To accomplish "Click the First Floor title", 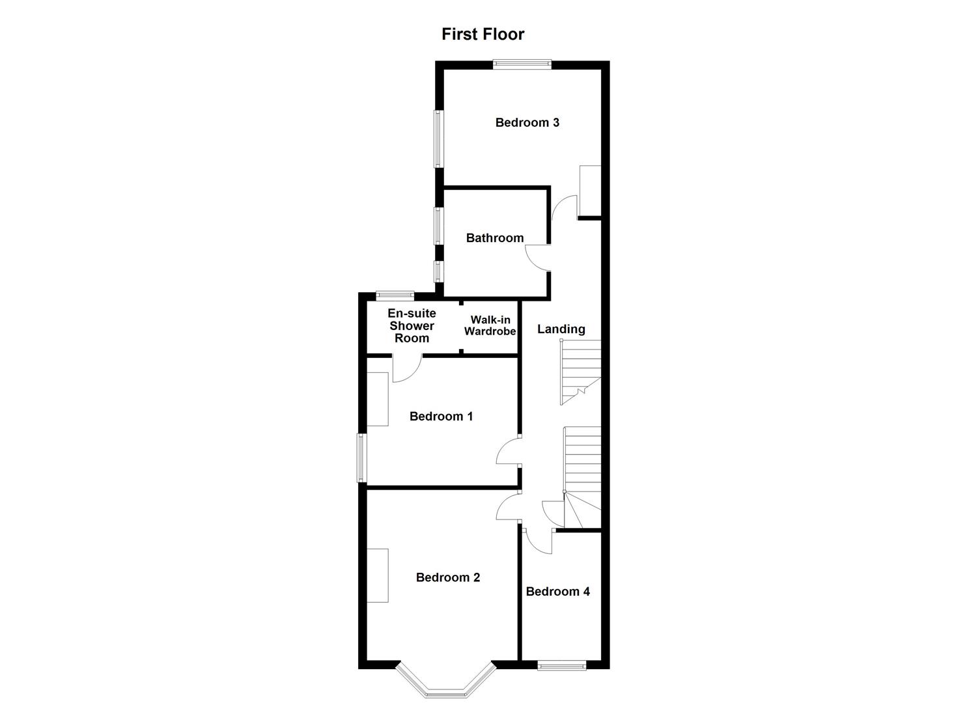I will [483, 34].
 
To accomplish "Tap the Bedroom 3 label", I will [527, 122].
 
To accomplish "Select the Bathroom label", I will [494, 238].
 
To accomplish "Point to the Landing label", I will [561, 329].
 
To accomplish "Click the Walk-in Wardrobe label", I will [490, 325].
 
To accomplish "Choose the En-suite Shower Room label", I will [412, 325].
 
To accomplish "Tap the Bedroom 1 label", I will [441, 417].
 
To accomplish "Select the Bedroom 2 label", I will [447, 577].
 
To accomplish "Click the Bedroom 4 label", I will [557, 592].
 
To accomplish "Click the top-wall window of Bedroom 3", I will [522, 64].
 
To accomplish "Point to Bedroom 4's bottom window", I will [561, 665].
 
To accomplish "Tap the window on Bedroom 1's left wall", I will [361, 458].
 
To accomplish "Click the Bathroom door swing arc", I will [535, 256].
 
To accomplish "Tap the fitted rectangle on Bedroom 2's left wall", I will [378, 575].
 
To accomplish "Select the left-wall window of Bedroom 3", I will [439, 139].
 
